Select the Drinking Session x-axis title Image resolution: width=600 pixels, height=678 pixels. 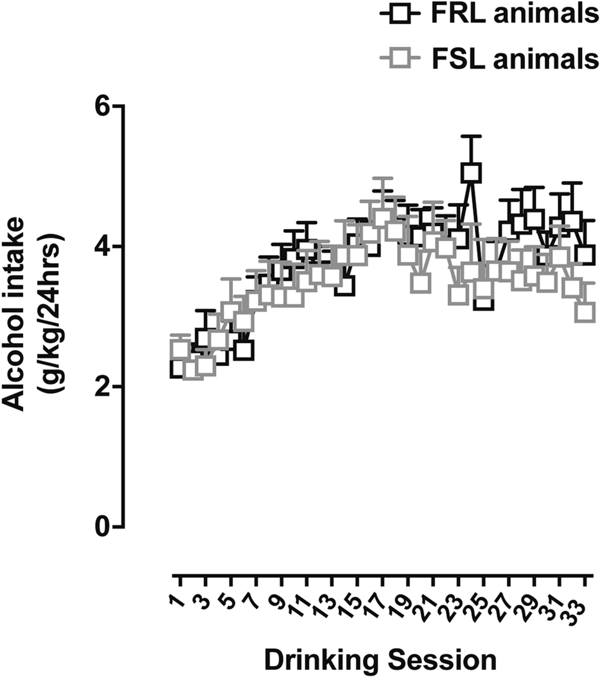coord(381,659)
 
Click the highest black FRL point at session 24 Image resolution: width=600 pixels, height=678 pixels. coord(471,172)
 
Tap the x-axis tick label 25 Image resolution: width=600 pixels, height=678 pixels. coord(476,594)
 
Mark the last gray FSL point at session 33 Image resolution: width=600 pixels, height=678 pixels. coord(585,311)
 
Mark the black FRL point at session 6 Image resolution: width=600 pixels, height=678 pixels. coord(244,350)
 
